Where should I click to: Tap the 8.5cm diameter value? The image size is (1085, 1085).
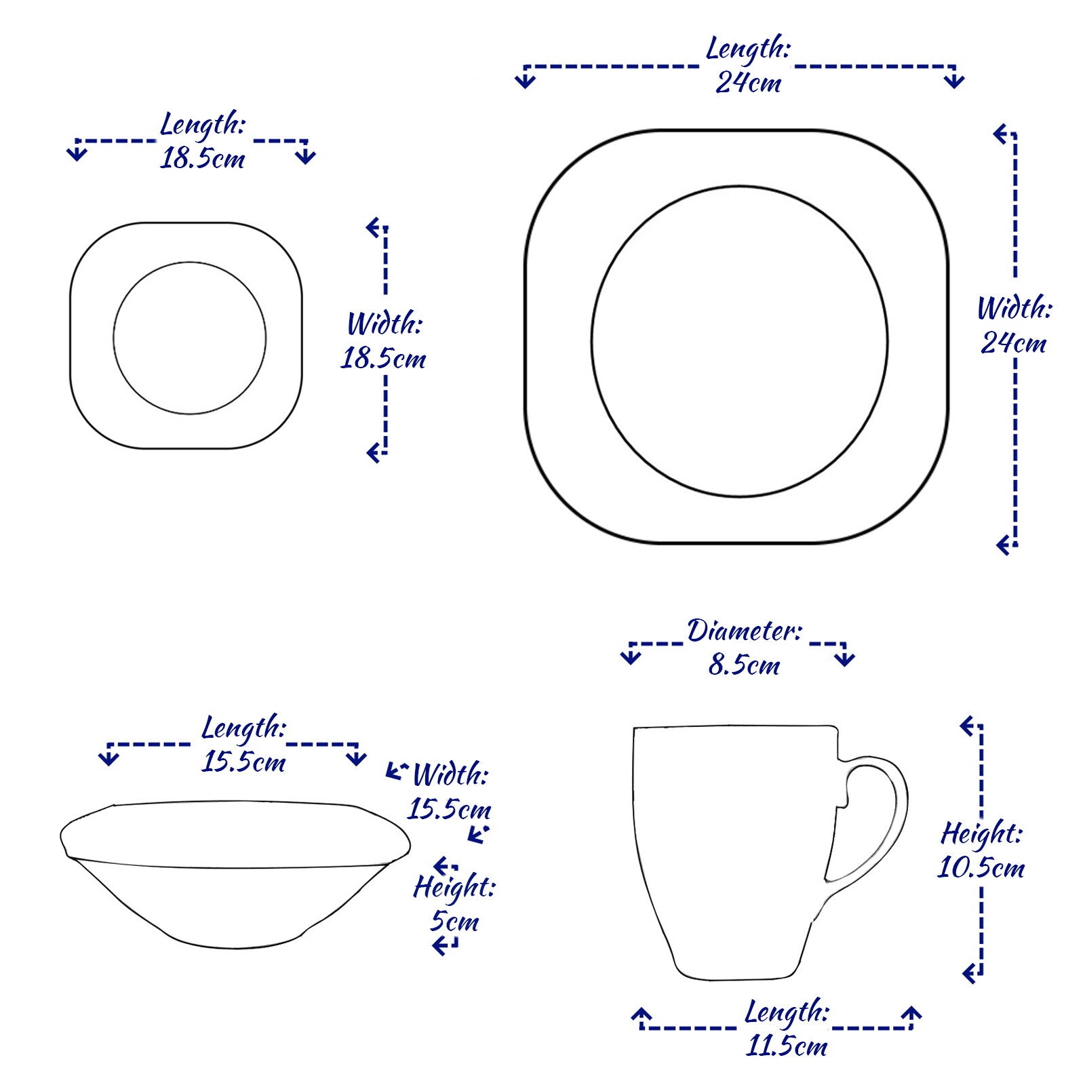(744, 665)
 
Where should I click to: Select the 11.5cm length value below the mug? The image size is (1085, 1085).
(787, 1046)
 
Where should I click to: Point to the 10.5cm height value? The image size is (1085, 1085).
(981, 868)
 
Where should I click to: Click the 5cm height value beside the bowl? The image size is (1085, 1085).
(454, 922)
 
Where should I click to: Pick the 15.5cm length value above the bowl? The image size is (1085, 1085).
(243, 762)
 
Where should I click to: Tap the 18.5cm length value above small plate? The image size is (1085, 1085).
(202, 159)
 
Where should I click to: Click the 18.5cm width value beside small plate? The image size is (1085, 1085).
(382, 359)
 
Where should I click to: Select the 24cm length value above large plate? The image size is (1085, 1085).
(748, 83)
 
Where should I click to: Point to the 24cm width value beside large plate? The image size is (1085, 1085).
(1013, 343)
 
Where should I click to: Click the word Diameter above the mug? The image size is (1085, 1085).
(745, 631)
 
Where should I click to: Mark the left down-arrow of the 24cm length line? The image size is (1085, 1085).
(525, 78)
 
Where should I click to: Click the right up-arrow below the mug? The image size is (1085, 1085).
(912, 1016)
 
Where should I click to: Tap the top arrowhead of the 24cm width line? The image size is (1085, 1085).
(1004, 134)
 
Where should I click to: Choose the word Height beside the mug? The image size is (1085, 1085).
(981, 834)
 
